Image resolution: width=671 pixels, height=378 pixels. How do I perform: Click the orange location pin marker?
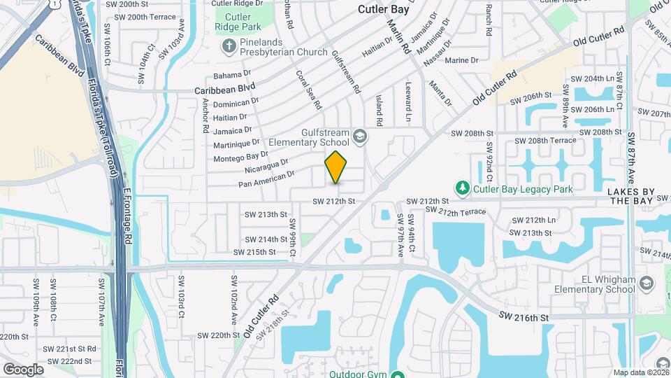point(336,167)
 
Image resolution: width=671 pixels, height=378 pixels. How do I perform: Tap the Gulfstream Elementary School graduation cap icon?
point(359,135)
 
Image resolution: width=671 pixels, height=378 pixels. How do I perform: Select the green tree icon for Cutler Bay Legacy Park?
point(462,188)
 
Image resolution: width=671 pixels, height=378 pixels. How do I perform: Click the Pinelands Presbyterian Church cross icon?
point(228,48)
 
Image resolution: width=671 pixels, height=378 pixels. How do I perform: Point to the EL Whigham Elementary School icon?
point(647,283)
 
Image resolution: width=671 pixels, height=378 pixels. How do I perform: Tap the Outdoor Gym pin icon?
point(397,374)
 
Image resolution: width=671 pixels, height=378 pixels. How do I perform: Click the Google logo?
point(23,369)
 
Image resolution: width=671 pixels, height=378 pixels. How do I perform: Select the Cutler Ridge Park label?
point(238,22)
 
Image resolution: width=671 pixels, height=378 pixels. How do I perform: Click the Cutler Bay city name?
point(387,9)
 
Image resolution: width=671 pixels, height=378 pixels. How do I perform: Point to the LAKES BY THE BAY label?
point(630,196)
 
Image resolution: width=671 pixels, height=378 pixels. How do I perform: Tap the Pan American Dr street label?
point(266,178)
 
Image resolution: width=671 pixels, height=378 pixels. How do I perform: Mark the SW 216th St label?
point(523,317)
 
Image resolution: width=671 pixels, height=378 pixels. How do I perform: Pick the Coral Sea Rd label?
point(308,89)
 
